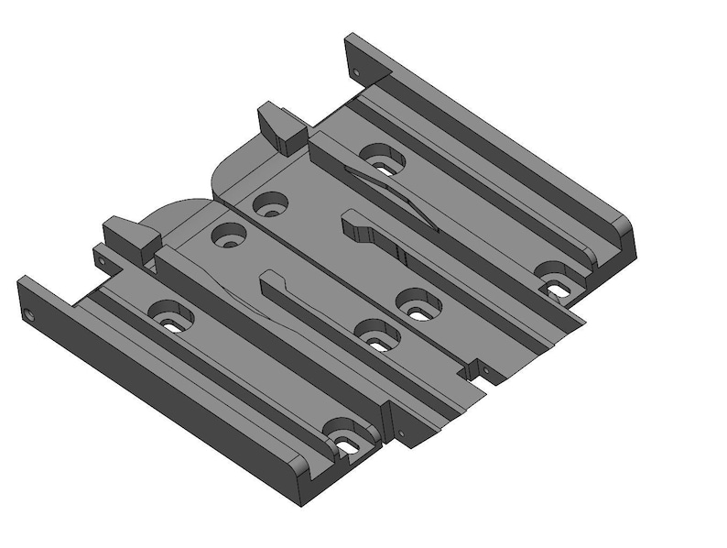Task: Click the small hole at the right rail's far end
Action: pos(355,71)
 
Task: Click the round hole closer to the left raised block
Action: pos(227,236)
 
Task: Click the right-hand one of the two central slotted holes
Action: pos(417,305)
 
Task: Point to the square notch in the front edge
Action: pos(472,367)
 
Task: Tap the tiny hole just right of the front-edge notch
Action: pos(487,373)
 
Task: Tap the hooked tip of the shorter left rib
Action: pos(272,279)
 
